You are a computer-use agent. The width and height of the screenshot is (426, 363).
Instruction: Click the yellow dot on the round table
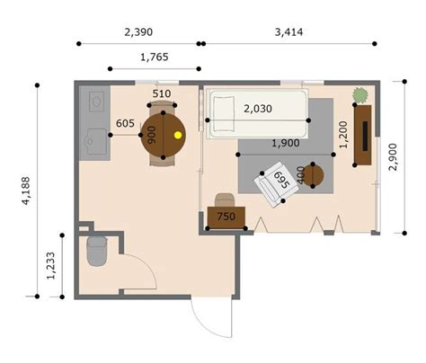point(178,135)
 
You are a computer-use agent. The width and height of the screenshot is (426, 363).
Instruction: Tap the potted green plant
point(360,95)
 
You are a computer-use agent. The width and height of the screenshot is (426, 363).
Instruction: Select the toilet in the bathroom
point(97,251)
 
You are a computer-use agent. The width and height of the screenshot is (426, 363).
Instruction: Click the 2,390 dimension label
point(138,31)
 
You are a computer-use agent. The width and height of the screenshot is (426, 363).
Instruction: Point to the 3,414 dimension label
point(288,31)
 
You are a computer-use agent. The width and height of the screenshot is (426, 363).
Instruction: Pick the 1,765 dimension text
point(155,57)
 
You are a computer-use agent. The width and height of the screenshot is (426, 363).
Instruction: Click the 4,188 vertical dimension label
point(26,190)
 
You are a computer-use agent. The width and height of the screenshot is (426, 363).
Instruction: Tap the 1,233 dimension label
point(51,266)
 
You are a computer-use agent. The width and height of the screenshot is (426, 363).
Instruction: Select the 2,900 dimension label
point(393,157)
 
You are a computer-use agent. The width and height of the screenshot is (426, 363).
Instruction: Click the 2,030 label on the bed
point(258,109)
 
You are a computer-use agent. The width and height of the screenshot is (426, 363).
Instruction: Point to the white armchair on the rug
point(276,185)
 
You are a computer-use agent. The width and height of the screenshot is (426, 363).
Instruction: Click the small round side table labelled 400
point(313,175)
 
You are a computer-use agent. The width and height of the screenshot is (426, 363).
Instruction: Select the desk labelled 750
point(226,217)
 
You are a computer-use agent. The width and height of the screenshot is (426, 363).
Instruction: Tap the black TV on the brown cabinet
point(365,136)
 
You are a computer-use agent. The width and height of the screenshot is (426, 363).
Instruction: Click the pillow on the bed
point(224,114)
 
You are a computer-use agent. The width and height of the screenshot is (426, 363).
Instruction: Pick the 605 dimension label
point(125,123)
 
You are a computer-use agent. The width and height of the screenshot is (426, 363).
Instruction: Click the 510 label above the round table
point(162,93)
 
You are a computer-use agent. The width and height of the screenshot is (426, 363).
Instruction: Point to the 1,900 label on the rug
point(286,143)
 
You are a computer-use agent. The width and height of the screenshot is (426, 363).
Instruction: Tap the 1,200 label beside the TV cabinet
point(343,135)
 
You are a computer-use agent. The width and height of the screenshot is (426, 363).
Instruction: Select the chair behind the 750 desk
point(225,199)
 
